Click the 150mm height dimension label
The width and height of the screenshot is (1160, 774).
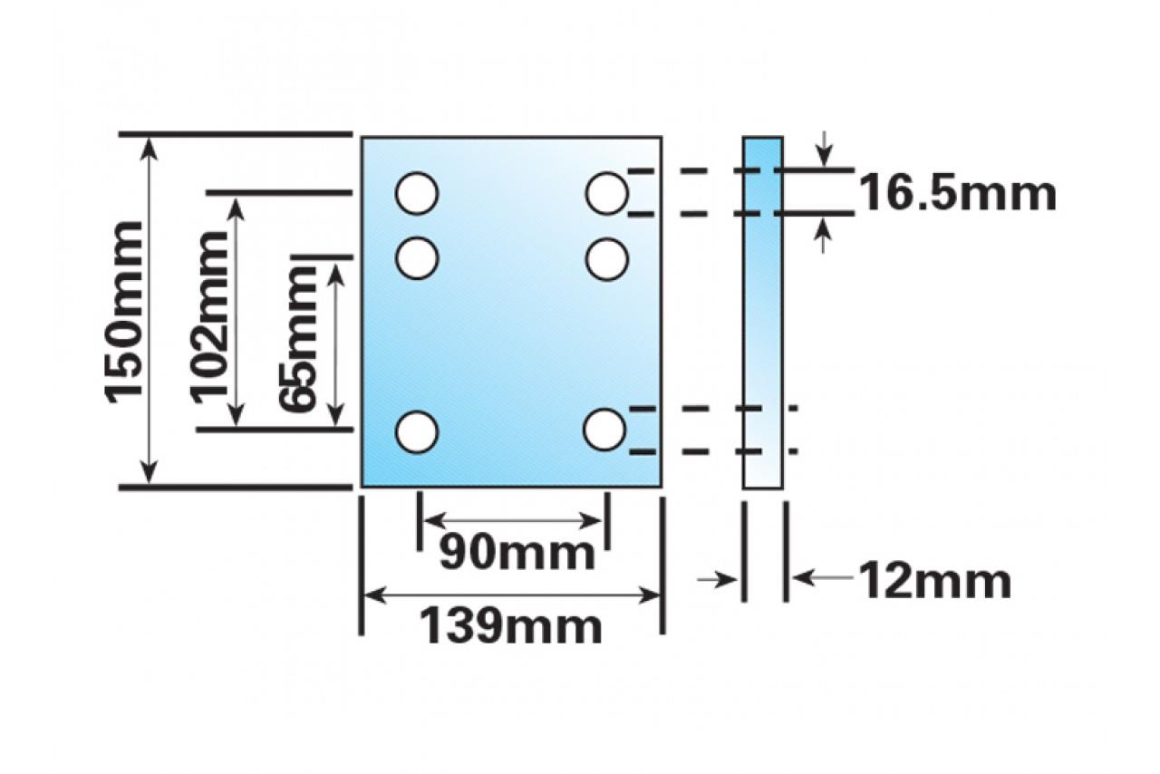(124, 310)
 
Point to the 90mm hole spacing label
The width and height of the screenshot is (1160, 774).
(517, 552)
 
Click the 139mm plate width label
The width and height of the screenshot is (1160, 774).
(510, 625)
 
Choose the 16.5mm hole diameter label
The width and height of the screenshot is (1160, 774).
(957, 193)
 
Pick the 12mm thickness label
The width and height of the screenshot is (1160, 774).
(933, 581)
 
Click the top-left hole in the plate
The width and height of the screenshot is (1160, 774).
(417, 193)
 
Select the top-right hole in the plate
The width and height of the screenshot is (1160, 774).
(606, 193)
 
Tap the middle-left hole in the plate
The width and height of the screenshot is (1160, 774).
(417, 258)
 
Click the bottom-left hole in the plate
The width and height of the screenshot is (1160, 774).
(417, 431)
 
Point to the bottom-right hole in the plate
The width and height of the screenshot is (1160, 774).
(604, 430)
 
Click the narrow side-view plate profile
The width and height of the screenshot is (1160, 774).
(762, 313)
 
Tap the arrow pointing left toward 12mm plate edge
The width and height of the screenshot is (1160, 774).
(820, 576)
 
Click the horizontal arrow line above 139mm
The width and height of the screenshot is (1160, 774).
(511, 595)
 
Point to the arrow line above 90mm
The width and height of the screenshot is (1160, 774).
(513, 520)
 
